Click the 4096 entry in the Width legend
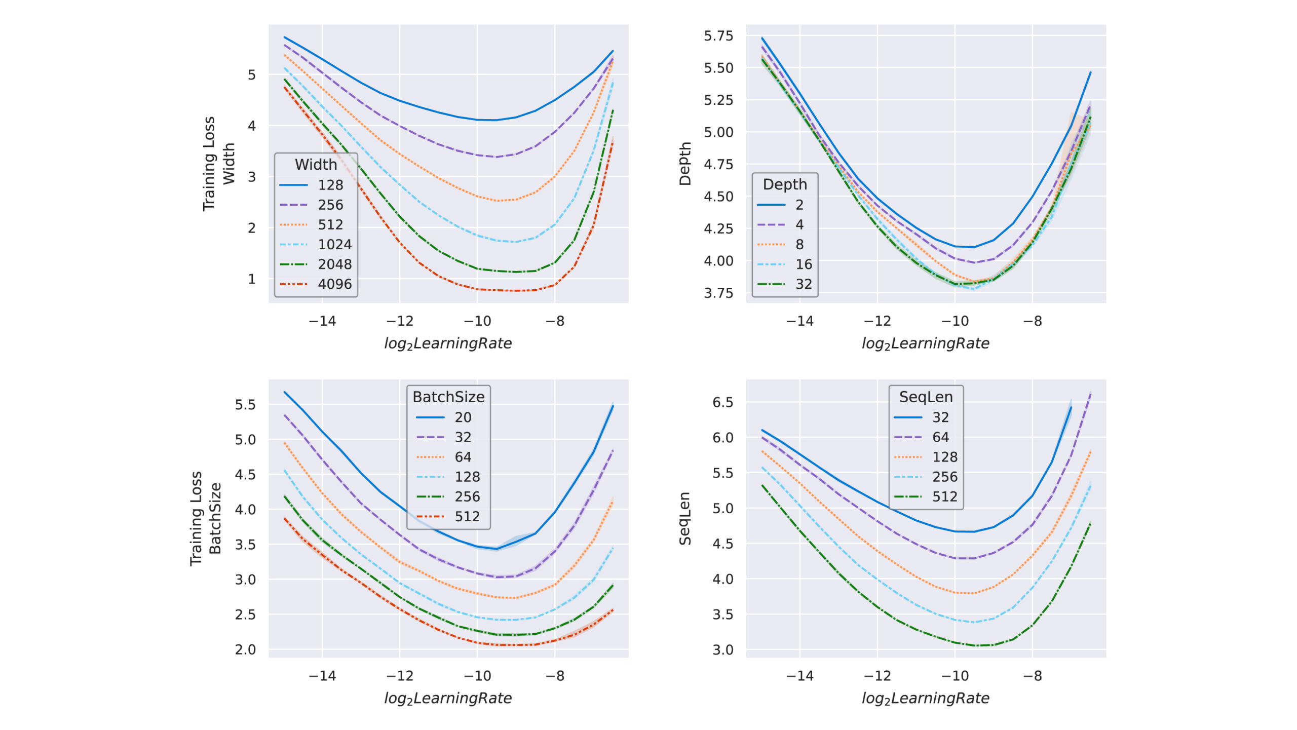334,284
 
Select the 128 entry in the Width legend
330,185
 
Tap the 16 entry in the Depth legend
804,264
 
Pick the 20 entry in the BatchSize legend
463,417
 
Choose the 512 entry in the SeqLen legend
945,496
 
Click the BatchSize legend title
448,397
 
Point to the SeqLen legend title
926,397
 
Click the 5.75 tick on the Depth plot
718,35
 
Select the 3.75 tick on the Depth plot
718,293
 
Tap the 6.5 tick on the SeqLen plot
723,402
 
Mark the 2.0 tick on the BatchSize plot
245,649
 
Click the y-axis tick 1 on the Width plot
251,279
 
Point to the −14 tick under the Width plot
322,321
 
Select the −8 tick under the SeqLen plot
1033,676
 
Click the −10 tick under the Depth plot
955,321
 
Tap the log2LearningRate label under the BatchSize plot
448,698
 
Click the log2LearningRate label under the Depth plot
925,343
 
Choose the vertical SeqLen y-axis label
685,518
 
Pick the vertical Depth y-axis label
685,164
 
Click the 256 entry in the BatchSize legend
467,496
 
